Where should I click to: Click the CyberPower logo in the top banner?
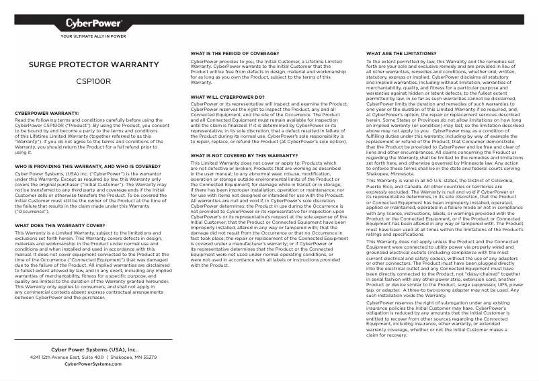(x=93, y=24)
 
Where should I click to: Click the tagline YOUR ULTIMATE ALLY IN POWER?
(x=93, y=36)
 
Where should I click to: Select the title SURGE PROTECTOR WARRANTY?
(x=93, y=65)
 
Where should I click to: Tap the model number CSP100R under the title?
(x=93, y=81)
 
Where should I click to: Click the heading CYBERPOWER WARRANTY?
(x=47, y=113)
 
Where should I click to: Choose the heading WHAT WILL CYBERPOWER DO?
(x=227, y=97)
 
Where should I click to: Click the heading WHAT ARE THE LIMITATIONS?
(x=401, y=52)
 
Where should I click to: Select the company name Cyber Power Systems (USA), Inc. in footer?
(x=93, y=350)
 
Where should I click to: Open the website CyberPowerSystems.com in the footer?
(x=93, y=364)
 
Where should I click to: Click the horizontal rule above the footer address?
(x=93, y=339)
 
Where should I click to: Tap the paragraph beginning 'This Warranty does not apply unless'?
(x=444, y=267)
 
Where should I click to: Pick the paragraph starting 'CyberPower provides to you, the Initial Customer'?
(x=269, y=71)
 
